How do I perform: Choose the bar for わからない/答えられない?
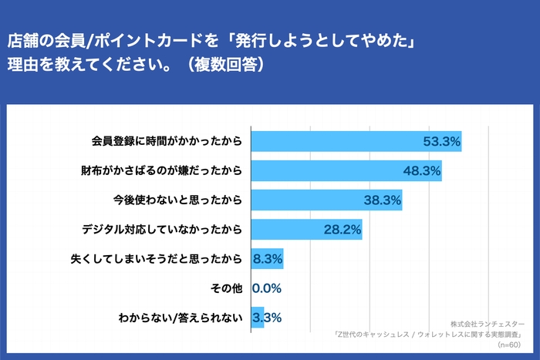click(x=258, y=318)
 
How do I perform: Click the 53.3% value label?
click(x=441, y=141)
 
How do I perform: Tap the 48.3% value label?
click(x=421, y=170)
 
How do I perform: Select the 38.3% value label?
click(x=382, y=200)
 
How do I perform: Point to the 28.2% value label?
click(x=342, y=230)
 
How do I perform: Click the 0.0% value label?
click(x=266, y=288)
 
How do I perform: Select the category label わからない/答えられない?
click(x=181, y=318)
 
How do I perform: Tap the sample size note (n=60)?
click(x=509, y=346)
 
